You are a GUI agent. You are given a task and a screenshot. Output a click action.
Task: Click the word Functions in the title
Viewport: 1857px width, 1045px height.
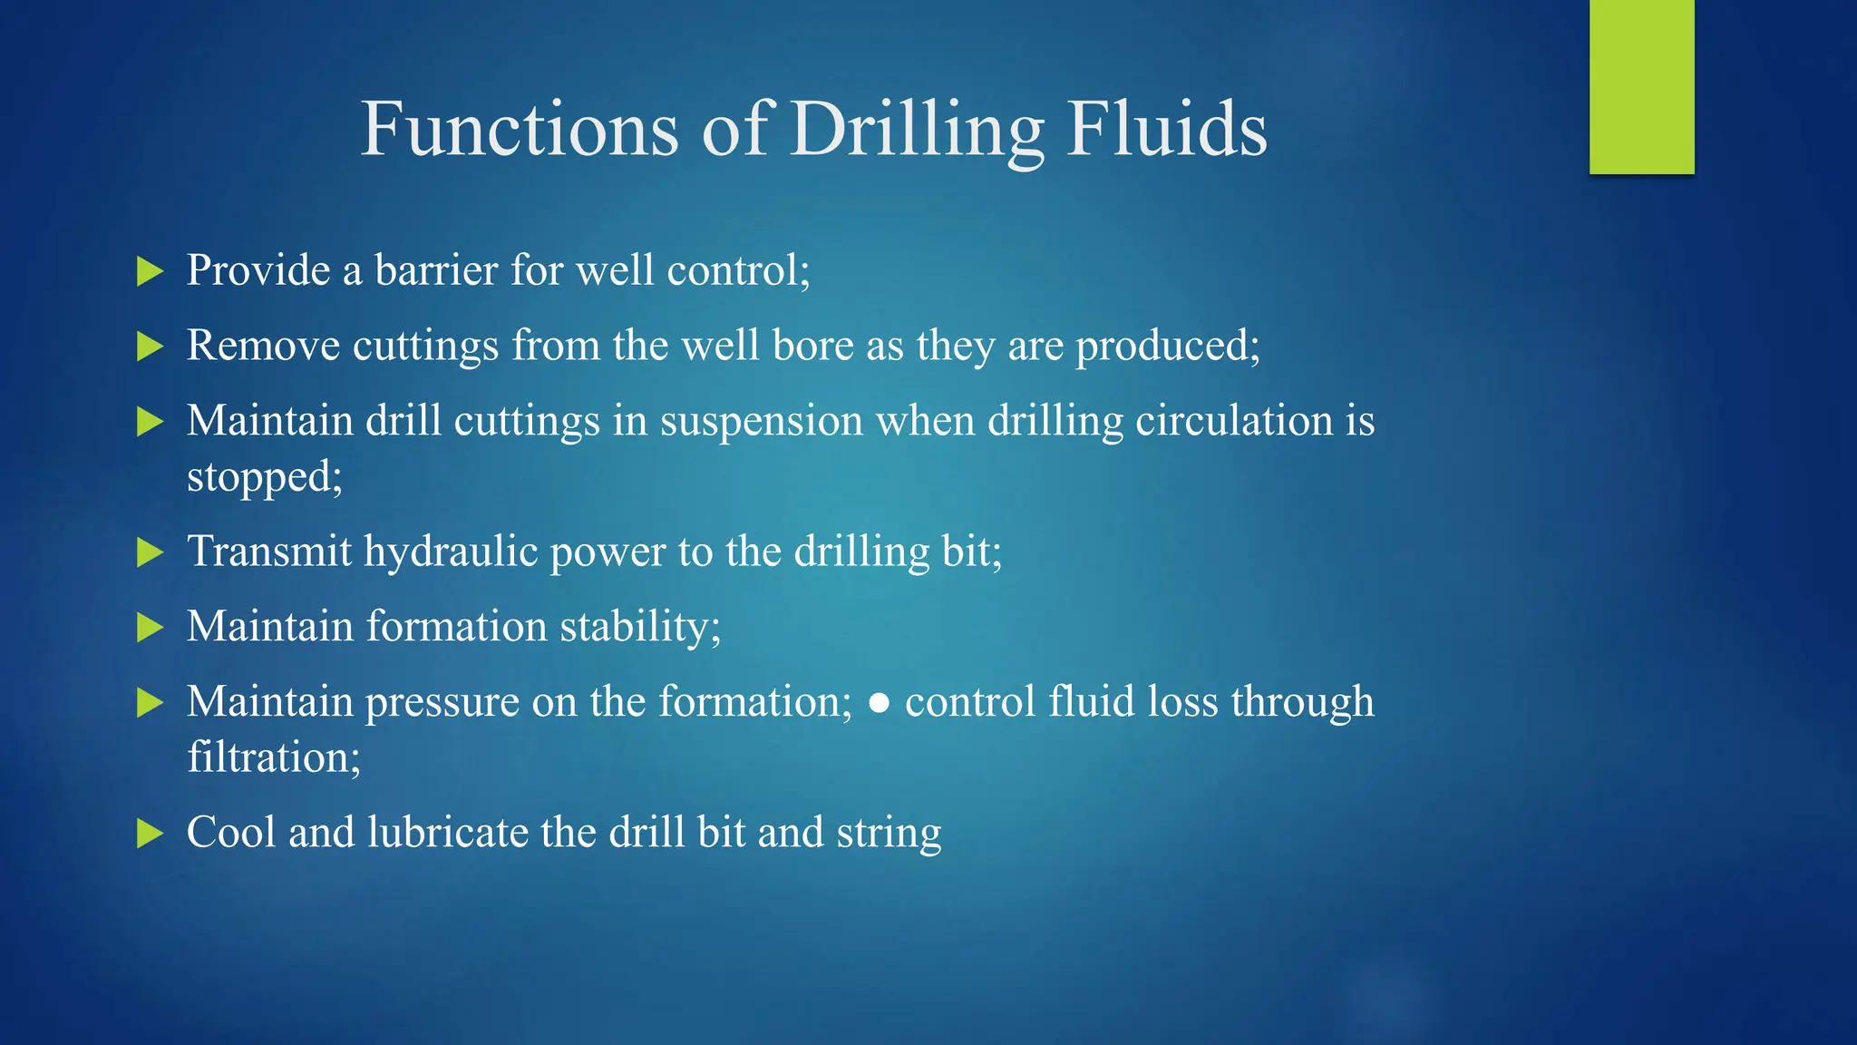(x=520, y=129)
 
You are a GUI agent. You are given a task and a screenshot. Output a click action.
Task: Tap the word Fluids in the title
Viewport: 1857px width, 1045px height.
(x=1166, y=129)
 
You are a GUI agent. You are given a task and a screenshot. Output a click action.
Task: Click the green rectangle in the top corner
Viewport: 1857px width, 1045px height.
(x=1641, y=86)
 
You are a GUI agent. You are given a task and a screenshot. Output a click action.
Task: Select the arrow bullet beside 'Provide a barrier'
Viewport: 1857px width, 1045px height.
(x=150, y=271)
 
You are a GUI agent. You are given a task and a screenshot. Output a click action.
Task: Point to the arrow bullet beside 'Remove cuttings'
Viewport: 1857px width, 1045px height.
(x=150, y=347)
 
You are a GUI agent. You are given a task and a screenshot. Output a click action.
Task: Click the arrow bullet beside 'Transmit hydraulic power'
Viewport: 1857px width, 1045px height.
(x=150, y=552)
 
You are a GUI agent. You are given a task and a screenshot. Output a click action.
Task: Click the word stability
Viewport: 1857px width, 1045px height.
(x=638, y=628)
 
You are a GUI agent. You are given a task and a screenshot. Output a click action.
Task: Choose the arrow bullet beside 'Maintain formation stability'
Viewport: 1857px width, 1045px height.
(x=150, y=628)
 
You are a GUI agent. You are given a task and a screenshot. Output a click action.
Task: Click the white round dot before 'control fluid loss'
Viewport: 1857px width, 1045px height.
(x=878, y=704)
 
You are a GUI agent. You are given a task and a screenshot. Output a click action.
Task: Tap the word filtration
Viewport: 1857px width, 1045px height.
(x=272, y=757)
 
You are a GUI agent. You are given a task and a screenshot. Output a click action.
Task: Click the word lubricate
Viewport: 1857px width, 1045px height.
(x=448, y=833)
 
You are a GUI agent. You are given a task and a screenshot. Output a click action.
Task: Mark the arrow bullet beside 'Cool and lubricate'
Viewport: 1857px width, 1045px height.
(x=150, y=834)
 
